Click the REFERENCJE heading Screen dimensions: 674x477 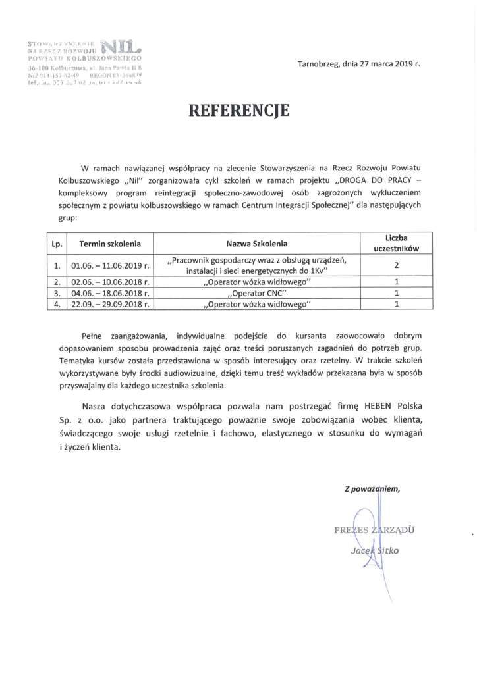point(239,111)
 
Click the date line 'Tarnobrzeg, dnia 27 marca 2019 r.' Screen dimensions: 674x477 point(358,65)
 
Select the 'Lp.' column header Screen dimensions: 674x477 point(57,244)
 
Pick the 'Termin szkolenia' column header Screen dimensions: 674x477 point(110,244)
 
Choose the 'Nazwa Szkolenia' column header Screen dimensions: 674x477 point(257,244)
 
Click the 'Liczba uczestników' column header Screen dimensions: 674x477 point(397,243)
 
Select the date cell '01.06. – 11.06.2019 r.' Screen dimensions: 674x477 point(110,266)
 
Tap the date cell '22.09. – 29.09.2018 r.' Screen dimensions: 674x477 point(110,305)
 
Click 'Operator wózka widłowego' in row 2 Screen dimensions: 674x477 point(257,282)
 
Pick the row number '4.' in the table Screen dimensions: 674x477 point(57,305)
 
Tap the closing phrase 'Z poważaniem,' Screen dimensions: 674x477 point(372,488)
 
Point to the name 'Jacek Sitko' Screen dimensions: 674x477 point(375,550)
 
